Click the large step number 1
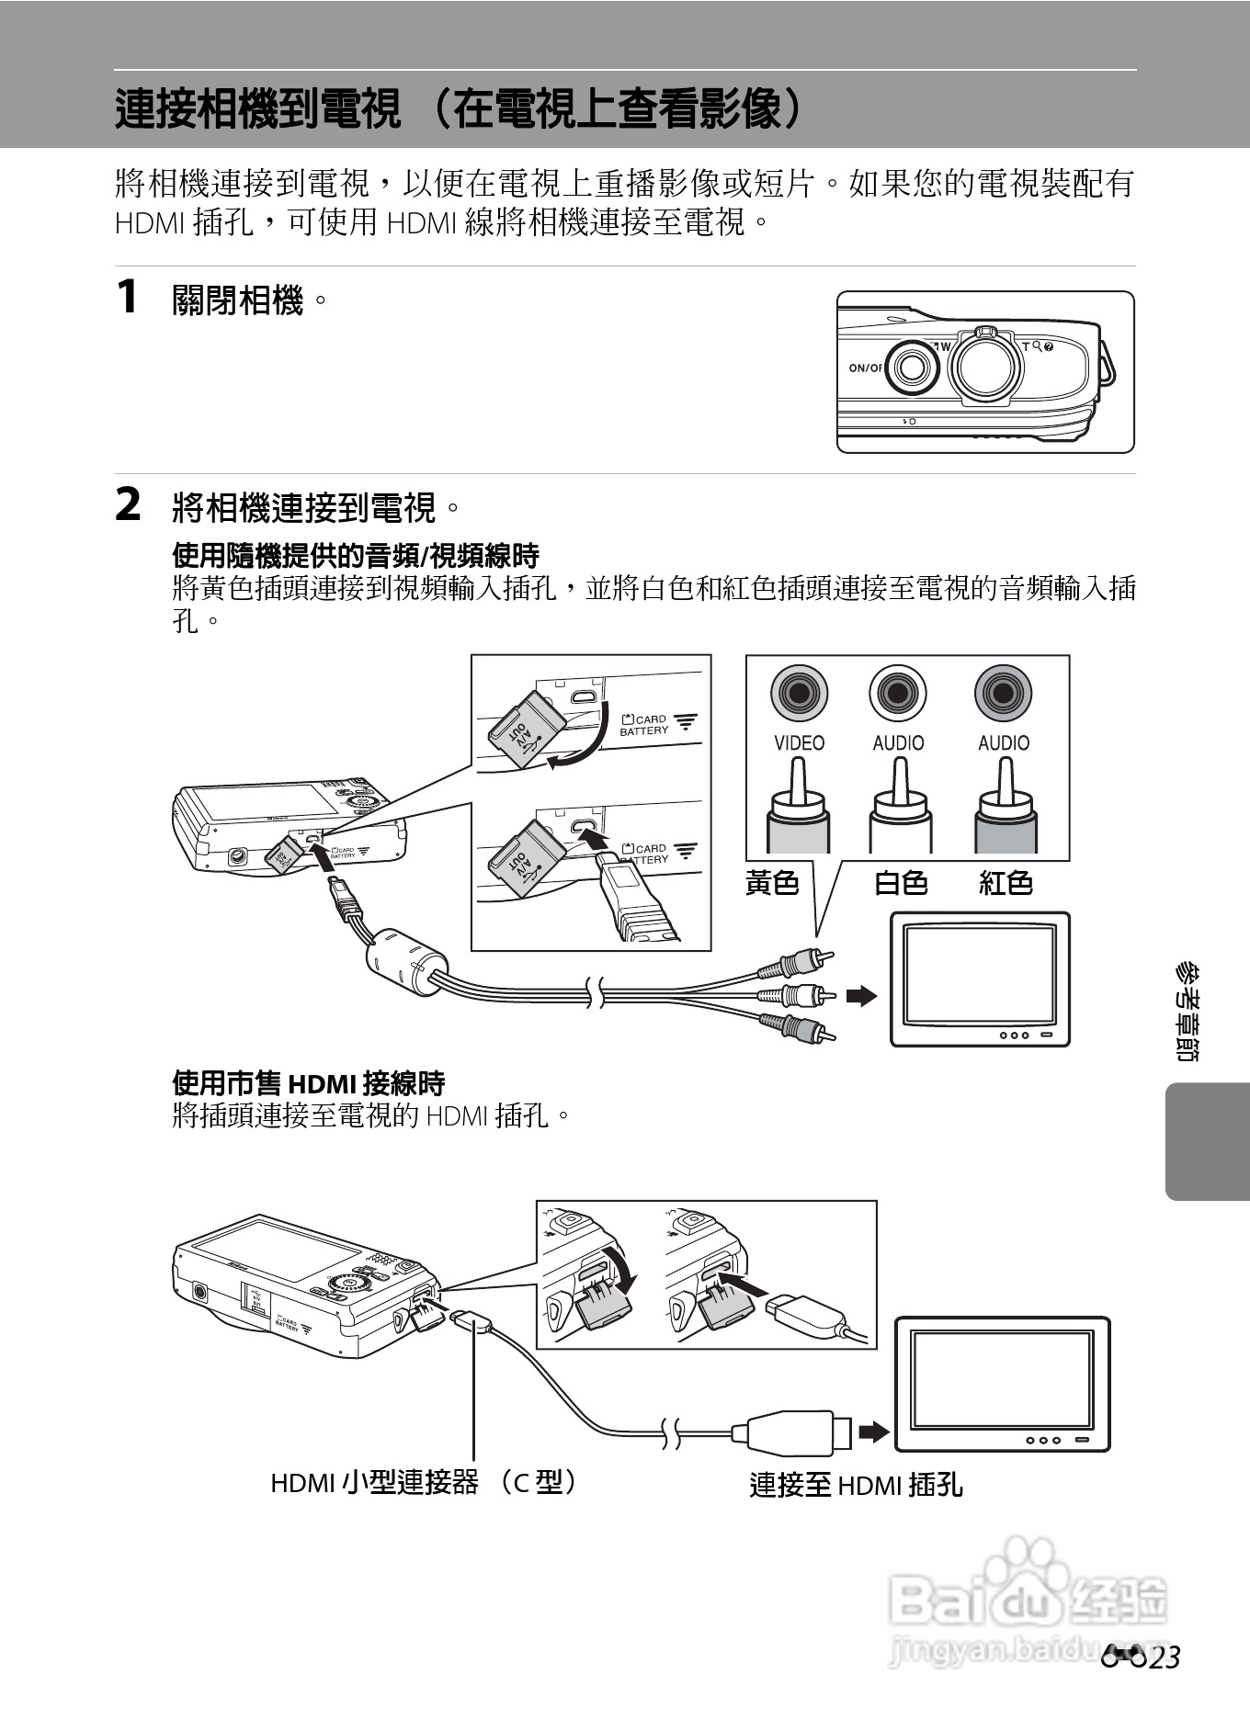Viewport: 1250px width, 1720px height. [x=127, y=298]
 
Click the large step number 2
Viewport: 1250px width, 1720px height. [x=128, y=505]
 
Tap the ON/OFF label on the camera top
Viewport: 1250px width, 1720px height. [x=865, y=368]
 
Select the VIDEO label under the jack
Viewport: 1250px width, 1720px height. [x=799, y=742]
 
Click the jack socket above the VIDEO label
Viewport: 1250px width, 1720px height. [x=799, y=693]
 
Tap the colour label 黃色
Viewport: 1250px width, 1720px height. [x=772, y=883]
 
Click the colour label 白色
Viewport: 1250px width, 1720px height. [x=900, y=883]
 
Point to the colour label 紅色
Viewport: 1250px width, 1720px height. [x=1006, y=883]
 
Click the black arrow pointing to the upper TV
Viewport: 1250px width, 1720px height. [x=861, y=996]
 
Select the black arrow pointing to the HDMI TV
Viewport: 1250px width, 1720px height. [x=874, y=1431]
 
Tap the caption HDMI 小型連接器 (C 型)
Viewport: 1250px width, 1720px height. [x=424, y=1482]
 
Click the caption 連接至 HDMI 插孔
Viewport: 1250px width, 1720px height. [x=856, y=1485]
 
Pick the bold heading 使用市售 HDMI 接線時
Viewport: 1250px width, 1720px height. [x=309, y=1083]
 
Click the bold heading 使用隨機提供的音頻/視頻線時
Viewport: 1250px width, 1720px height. [x=356, y=555]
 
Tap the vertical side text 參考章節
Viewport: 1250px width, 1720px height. [x=1187, y=1012]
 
